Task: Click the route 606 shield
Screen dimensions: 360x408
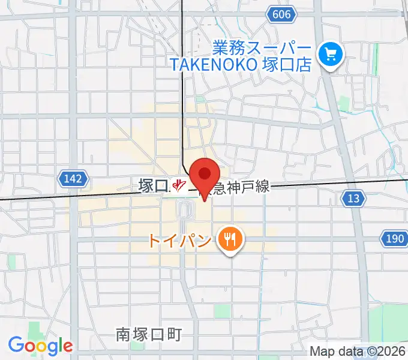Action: tap(281, 14)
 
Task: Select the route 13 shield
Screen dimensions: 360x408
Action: tap(355, 198)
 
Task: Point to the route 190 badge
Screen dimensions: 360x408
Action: tap(394, 239)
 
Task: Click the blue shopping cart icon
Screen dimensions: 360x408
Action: tap(330, 56)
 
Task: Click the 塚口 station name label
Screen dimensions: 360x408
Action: tap(151, 185)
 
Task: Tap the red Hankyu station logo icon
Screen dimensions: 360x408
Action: tap(178, 185)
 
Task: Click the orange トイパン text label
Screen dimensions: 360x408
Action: tap(180, 241)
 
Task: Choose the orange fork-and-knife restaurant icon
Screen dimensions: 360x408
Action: tap(229, 241)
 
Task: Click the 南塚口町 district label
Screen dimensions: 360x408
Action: tap(148, 334)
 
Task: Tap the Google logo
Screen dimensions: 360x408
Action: tap(40, 346)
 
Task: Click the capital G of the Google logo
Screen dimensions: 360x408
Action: tap(15, 345)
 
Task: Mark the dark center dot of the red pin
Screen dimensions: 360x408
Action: tap(205, 174)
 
